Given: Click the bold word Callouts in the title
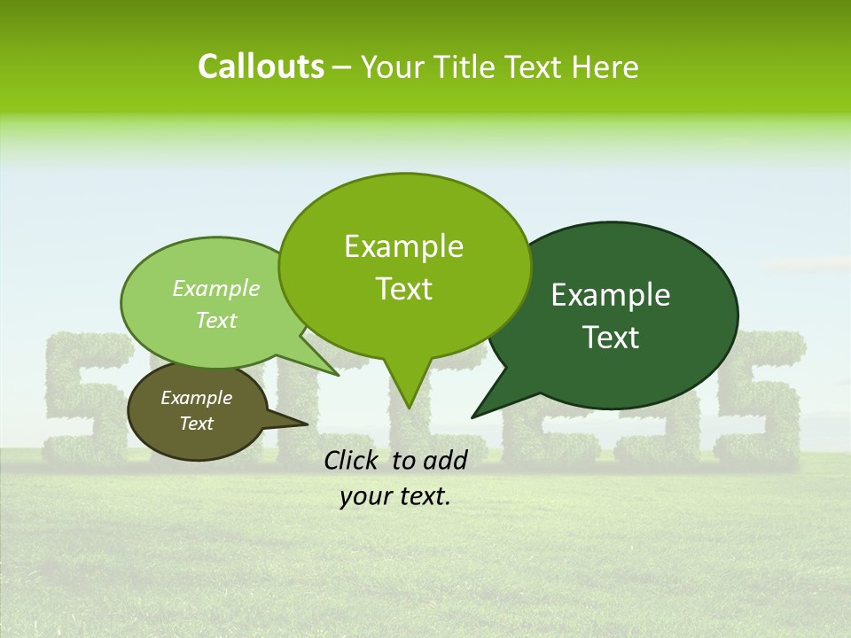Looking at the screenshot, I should pyautogui.click(x=261, y=66).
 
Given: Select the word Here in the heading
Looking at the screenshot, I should pyautogui.click(x=605, y=67).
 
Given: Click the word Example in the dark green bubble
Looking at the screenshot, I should pyautogui.click(x=611, y=295).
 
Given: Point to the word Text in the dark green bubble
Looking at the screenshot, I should pyautogui.click(x=612, y=338).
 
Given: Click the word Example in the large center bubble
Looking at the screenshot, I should pyautogui.click(x=403, y=246).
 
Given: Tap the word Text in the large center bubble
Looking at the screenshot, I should pyautogui.click(x=404, y=289).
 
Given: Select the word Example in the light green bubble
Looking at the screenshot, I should pyautogui.click(x=216, y=288).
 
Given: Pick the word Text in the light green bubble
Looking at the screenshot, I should pyautogui.click(x=216, y=320).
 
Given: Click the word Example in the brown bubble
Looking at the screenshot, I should pyautogui.click(x=196, y=398).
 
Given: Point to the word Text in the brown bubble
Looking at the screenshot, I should pyautogui.click(x=197, y=424).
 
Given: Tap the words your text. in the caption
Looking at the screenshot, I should pyautogui.click(x=395, y=497).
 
